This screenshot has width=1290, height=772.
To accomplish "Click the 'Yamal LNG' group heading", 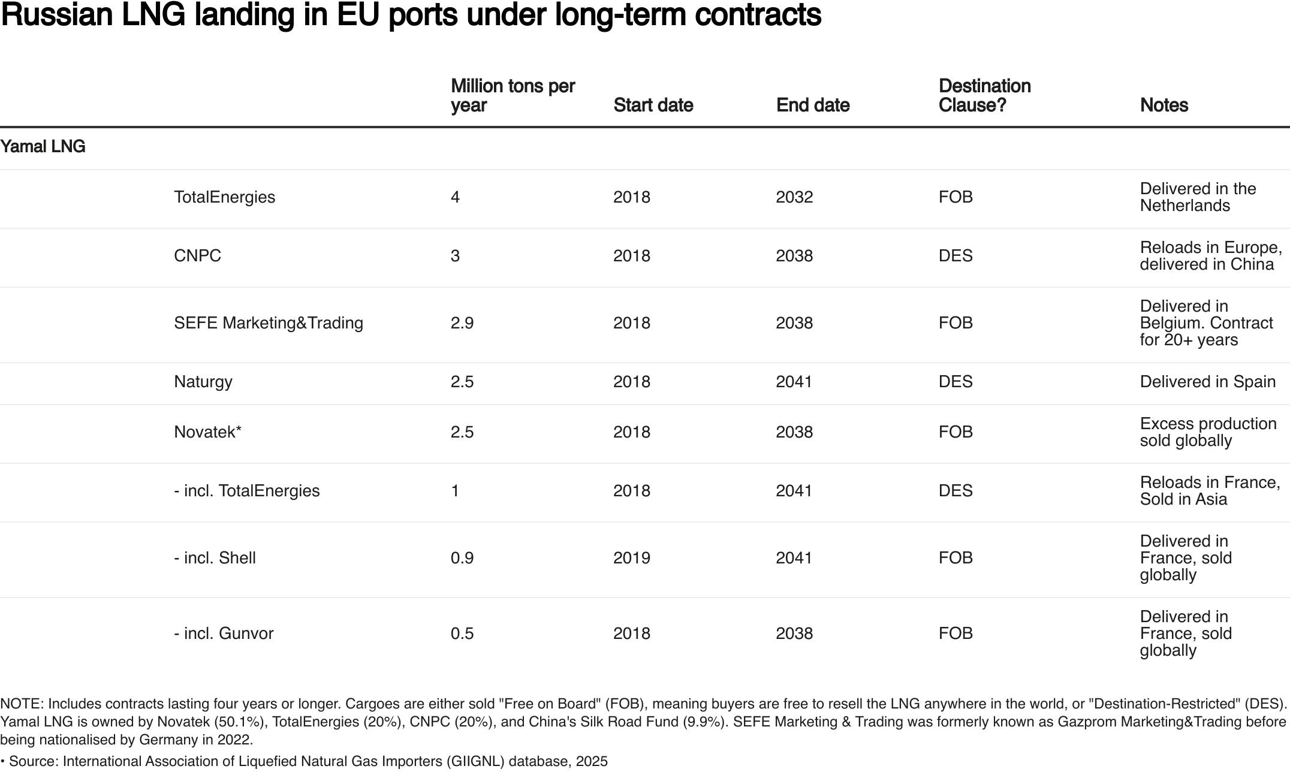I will [x=43, y=147].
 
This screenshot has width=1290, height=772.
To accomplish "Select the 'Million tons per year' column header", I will [x=513, y=95].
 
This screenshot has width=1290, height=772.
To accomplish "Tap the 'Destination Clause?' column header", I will [x=984, y=95].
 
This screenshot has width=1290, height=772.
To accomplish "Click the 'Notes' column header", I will [x=1164, y=105].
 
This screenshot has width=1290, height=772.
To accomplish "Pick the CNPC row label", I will [x=197, y=256].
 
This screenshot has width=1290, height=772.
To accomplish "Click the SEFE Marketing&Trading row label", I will [x=269, y=323].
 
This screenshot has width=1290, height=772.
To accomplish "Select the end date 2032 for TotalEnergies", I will [x=794, y=197].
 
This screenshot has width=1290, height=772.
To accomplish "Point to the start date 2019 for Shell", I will [x=631, y=558].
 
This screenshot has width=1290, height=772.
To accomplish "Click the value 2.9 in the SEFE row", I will [x=462, y=323].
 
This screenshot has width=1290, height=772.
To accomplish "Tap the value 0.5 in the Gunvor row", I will [x=462, y=634].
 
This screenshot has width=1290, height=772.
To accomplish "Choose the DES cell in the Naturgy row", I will [x=956, y=382].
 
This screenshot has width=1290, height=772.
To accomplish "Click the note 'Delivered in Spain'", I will [x=1207, y=382].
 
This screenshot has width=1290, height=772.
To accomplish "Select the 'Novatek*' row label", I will [x=207, y=432].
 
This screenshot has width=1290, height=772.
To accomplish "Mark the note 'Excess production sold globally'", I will [x=1207, y=432].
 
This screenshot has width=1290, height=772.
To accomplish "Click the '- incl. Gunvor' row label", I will [x=224, y=634].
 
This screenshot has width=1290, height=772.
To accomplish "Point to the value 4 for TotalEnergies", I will [x=455, y=197].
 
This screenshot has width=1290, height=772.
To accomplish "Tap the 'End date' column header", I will [x=812, y=105].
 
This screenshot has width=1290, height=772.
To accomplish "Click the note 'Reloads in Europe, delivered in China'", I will [x=1210, y=256].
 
